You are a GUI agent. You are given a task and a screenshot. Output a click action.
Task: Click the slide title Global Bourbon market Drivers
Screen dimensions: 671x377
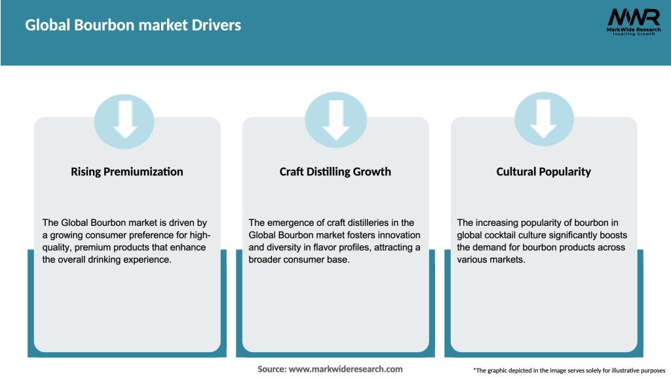coord(133,25)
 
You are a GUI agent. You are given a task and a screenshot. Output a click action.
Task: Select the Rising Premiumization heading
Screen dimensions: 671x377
coord(127,171)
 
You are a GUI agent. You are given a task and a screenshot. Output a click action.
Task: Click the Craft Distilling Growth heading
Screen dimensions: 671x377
coord(335,171)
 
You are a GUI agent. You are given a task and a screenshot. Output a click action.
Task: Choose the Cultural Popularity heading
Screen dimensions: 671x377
coord(544,171)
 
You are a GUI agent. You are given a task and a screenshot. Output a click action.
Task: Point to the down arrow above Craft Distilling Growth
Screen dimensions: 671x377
coord(336,120)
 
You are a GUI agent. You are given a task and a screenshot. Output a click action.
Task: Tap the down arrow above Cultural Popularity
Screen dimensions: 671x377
coord(544,120)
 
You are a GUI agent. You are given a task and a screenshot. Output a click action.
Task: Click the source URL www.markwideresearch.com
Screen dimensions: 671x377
coord(345,369)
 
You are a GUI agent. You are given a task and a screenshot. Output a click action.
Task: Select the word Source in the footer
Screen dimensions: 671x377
coord(271,369)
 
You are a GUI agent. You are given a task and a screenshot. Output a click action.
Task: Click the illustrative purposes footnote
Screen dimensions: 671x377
coord(569,370)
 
